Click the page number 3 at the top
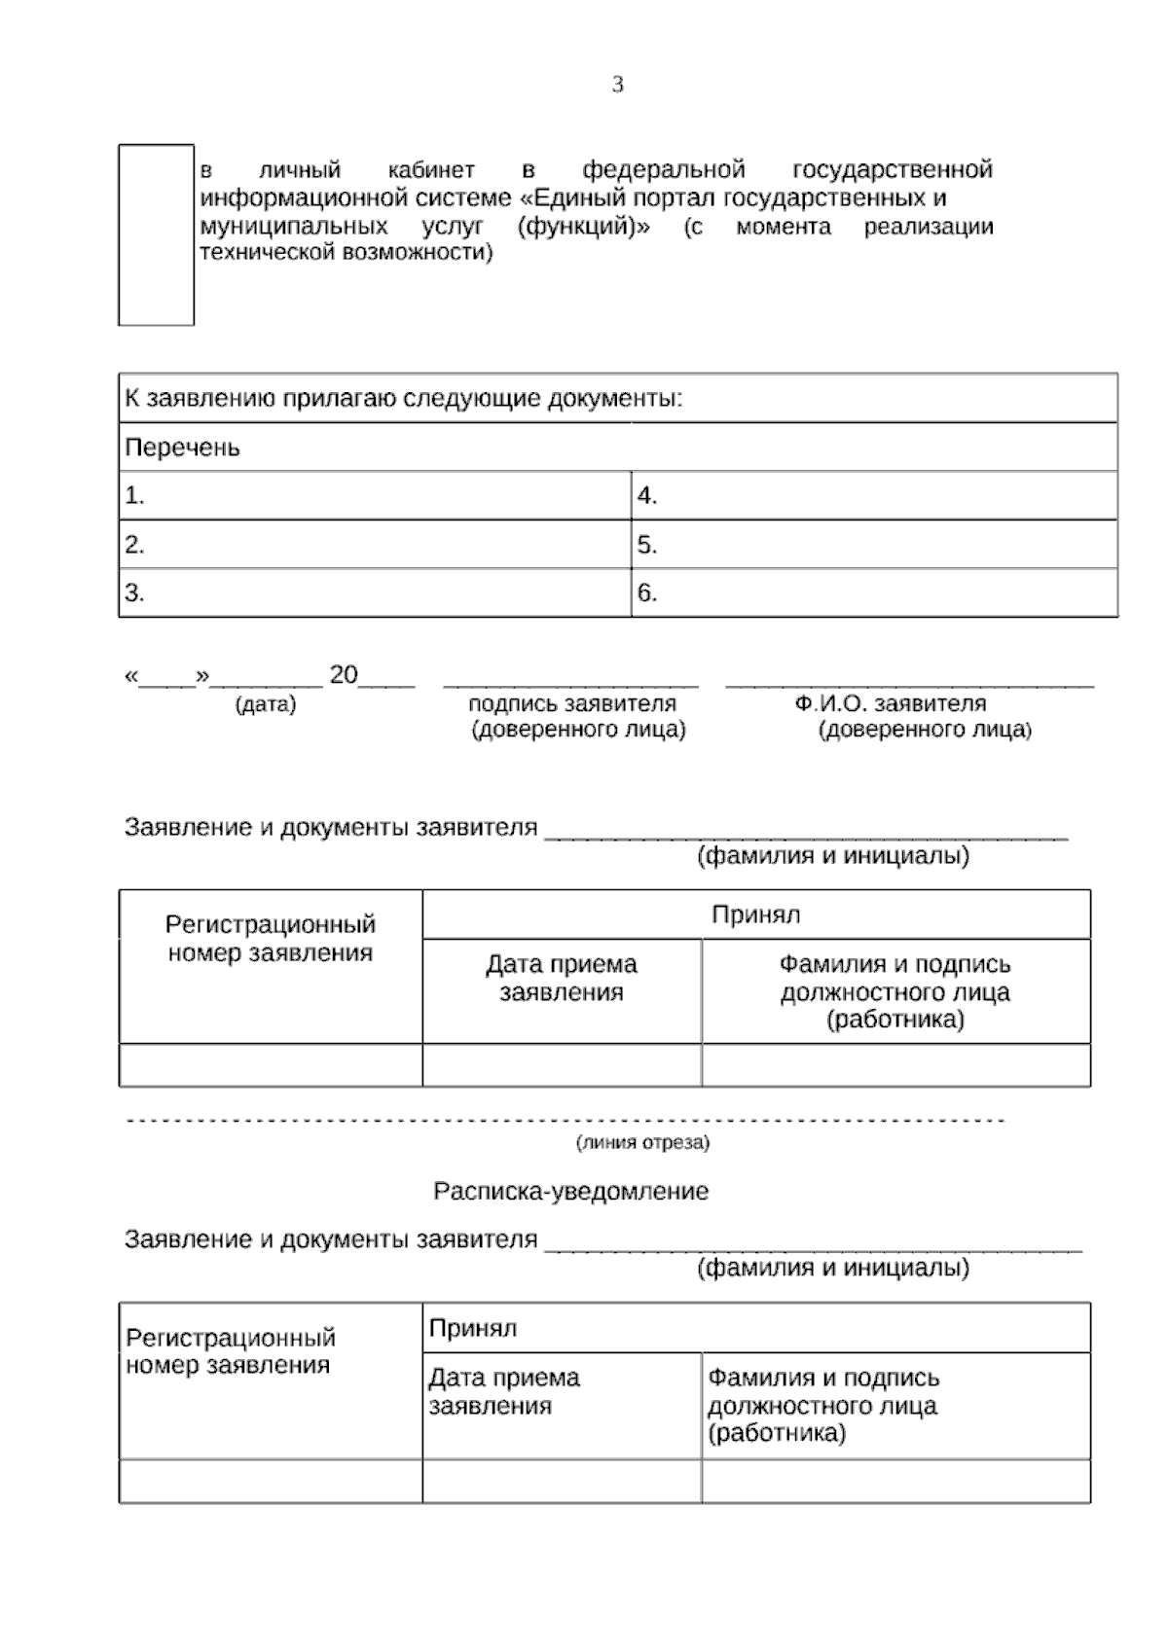(617, 86)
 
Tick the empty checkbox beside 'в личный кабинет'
(156, 234)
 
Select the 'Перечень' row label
(182, 448)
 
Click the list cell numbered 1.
(375, 496)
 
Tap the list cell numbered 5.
(873, 545)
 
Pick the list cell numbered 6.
(873, 593)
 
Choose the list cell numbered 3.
(375, 593)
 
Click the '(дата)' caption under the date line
(266, 704)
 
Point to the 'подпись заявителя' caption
(571, 703)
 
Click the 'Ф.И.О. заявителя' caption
(890, 703)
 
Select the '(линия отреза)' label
(642, 1142)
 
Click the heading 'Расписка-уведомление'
(570, 1192)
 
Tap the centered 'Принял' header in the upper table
(755, 915)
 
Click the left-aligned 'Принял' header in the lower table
(473, 1328)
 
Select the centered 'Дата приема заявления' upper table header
(562, 979)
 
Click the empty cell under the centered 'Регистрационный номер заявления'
(271, 1065)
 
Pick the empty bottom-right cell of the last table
(895, 1481)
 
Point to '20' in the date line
(344, 675)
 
